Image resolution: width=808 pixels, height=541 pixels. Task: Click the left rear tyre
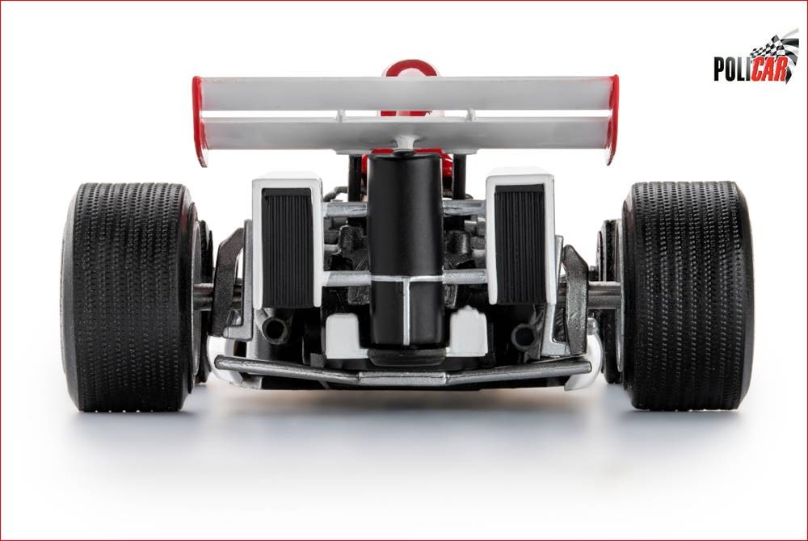tap(128, 296)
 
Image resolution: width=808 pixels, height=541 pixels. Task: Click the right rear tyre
tap(685, 296)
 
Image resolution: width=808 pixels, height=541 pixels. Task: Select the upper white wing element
tap(406, 93)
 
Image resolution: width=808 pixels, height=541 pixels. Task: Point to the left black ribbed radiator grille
tap(288, 246)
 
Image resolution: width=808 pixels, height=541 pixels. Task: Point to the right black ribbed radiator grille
tap(520, 244)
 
